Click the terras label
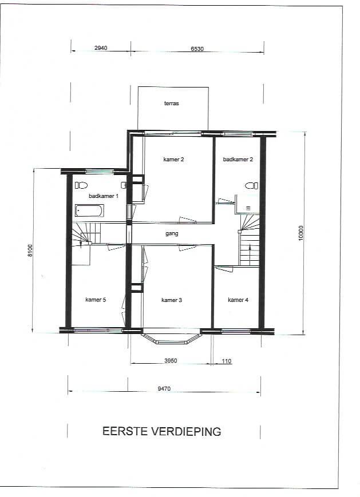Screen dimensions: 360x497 click(x=172, y=104)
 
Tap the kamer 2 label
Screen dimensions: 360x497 click(x=173, y=160)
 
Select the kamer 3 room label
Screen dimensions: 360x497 click(x=172, y=300)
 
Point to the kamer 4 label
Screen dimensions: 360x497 click(x=238, y=300)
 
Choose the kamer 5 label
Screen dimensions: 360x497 click(x=96, y=300)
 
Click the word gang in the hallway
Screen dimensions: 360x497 click(x=172, y=234)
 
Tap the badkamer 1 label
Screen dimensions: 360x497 click(x=104, y=196)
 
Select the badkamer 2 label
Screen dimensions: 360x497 click(x=238, y=160)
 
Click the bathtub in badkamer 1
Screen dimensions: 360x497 click(x=89, y=211)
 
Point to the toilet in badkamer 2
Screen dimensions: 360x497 click(x=252, y=186)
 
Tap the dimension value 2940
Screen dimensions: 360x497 click(x=101, y=48)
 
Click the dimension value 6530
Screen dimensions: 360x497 click(x=197, y=49)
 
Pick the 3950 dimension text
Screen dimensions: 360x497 click(x=171, y=361)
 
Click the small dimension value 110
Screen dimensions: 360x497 click(x=227, y=361)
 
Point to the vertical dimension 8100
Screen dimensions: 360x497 click(x=30, y=251)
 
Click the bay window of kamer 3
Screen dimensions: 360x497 click(x=171, y=337)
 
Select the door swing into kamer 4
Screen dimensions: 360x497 click(x=224, y=269)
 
